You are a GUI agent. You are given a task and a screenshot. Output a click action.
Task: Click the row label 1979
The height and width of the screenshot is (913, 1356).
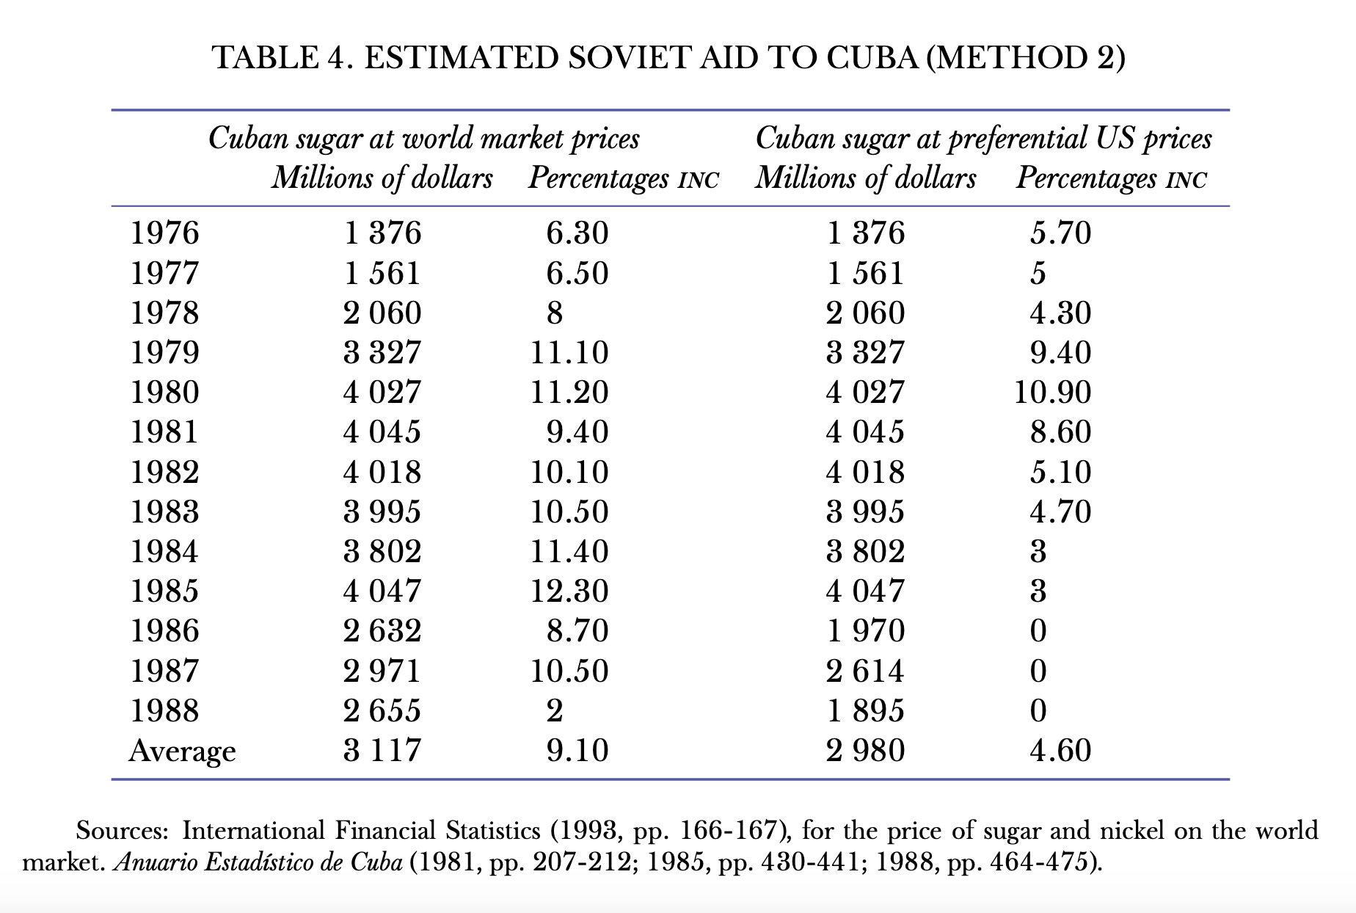coord(164,352)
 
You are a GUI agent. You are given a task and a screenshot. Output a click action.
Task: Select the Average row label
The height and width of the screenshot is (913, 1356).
coord(182,751)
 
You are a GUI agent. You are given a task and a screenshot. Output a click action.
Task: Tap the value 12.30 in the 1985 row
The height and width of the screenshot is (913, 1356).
coord(569,591)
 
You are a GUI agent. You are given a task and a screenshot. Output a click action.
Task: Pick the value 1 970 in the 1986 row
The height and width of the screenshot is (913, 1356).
coord(865,631)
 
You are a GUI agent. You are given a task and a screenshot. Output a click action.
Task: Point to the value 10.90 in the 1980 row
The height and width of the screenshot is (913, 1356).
coord(1052,393)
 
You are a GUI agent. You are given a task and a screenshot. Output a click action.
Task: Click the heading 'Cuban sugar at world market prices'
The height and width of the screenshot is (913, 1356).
coord(423,138)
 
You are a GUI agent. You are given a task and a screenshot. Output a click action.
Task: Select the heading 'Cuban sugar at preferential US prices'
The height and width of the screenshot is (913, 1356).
coord(983,138)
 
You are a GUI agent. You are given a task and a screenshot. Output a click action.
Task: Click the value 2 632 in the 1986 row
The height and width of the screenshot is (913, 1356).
coord(382,631)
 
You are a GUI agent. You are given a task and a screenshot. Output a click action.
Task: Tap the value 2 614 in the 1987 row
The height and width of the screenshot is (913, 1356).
coord(865,671)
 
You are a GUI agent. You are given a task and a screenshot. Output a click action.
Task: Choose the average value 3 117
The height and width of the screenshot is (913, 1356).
coord(382,750)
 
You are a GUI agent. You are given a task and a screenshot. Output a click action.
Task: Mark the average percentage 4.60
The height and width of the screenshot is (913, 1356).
coord(1060,750)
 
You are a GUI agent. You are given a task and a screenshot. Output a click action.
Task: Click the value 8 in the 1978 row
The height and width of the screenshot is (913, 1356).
coord(555,313)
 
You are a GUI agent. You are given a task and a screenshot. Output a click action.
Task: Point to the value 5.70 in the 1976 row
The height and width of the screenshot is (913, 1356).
coord(1060,233)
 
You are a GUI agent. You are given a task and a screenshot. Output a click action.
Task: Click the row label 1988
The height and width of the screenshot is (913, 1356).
coord(164,710)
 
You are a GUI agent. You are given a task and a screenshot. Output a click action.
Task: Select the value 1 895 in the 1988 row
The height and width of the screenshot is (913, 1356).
coord(865,710)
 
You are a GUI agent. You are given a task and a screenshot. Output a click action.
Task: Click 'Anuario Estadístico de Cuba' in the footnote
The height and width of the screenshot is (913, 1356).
coord(257,862)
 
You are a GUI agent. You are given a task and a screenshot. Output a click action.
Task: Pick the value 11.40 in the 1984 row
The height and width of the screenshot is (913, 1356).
coord(569,551)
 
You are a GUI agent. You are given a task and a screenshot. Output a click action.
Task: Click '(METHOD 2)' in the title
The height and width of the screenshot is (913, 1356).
coord(1025,57)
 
